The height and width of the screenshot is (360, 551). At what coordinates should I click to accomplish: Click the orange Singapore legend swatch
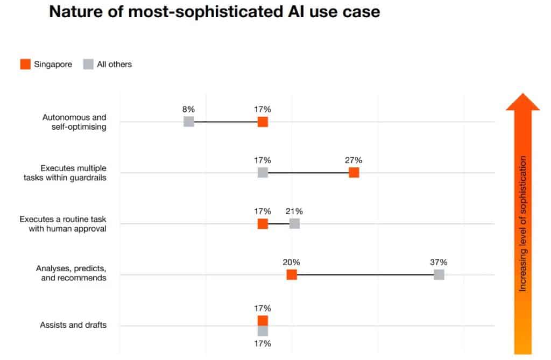point(25,64)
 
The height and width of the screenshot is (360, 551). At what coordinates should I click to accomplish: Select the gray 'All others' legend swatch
point(88,64)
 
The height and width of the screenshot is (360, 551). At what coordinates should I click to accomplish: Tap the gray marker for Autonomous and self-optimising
point(188,122)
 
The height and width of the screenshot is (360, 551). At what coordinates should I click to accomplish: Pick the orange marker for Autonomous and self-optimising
point(263,122)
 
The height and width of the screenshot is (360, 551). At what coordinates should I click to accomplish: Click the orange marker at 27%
point(354,172)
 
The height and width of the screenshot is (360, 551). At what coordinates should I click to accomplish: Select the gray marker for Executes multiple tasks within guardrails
point(263,172)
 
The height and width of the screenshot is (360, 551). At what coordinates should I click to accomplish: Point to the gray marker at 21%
point(294,223)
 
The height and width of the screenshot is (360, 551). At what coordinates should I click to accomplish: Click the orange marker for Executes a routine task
point(263,223)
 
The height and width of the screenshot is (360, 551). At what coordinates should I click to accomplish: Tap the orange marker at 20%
point(292,274)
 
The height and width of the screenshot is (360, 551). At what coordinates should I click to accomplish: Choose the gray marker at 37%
point(439,274)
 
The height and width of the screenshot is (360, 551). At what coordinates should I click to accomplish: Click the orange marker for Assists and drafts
point(263,321)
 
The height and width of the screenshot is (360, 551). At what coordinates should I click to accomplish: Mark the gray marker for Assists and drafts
point(263,330)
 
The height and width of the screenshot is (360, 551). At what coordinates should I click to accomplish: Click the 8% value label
point(188,109)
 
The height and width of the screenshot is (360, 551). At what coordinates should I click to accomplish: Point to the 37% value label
point(439,262)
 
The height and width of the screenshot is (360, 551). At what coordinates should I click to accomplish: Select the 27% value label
point(354,160)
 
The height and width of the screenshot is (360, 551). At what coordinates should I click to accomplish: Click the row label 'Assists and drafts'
point(73,325)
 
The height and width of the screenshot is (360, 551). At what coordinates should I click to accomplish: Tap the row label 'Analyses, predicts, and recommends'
point(71,273)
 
